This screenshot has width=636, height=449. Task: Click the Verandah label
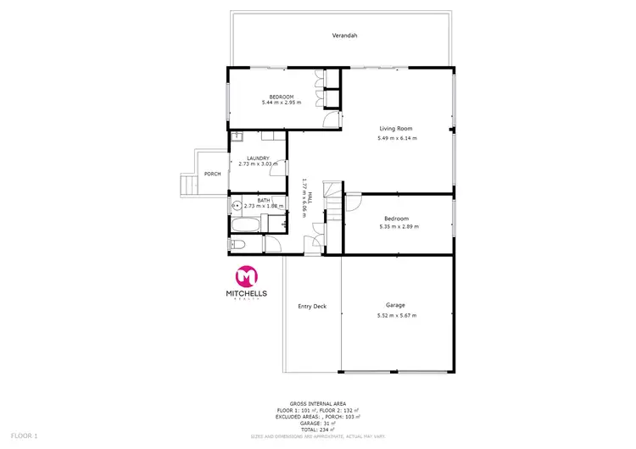[x=344, y=36]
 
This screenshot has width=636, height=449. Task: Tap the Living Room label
[x=396, y=128]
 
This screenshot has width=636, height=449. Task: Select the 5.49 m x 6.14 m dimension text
[x=397, y=138]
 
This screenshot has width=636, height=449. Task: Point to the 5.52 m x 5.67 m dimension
[x=397, y=316]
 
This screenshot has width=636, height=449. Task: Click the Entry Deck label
[x=312, y=306]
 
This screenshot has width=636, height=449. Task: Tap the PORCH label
[x=212, y=174]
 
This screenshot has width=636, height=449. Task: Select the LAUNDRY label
[x=258, y=158]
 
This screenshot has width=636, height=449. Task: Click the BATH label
[x=264, y=200]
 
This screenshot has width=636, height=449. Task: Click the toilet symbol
[x=238, y=245]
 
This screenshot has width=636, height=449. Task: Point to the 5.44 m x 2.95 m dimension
[x=281, y=103]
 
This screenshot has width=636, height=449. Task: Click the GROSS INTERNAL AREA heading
[x=317, y=405]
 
